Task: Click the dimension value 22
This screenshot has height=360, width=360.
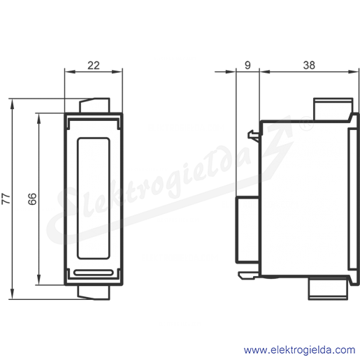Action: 94,66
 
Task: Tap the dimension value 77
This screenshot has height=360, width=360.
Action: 6,199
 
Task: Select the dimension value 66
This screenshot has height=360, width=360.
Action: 32,199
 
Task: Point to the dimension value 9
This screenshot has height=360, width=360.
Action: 247,66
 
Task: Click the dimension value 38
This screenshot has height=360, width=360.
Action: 309,66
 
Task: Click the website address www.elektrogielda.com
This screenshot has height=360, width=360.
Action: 299,350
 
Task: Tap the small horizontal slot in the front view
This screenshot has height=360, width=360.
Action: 94,273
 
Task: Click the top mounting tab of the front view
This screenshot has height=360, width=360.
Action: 94,106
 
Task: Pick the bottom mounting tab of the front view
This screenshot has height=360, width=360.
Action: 94,292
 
